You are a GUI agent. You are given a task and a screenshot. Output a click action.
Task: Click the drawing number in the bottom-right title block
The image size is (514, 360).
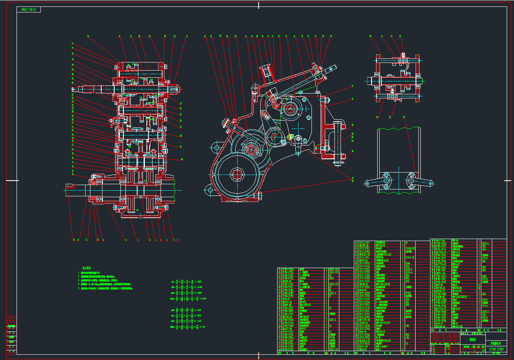click(496, 349)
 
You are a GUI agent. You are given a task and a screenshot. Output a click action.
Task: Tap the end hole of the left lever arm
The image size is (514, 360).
click(367, 184)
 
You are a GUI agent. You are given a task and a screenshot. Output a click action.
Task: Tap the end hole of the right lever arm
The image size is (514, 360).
click(432, 184)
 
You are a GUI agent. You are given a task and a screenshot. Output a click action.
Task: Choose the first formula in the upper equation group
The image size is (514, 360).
click(186, 281)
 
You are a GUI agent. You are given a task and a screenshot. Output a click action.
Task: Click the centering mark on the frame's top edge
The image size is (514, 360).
click(258, 5)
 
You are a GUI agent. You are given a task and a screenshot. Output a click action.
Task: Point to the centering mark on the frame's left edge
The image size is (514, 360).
click(12, 180)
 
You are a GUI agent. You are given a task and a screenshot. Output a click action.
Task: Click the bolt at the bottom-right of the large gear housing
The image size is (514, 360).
click(260, 195)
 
